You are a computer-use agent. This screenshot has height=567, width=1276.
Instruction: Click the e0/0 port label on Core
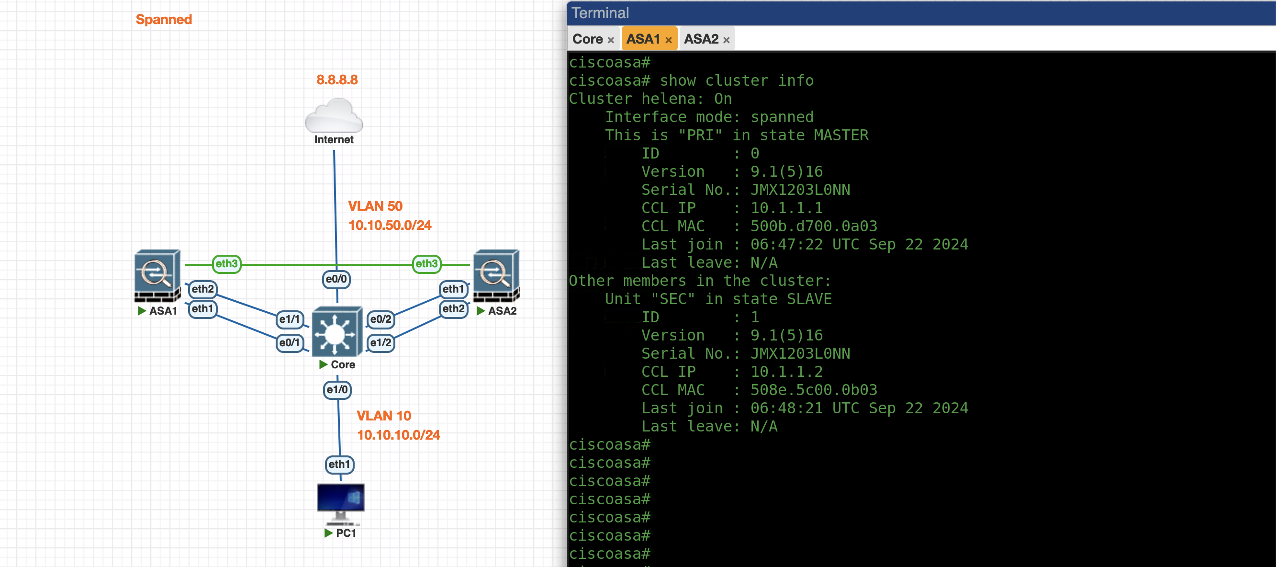336,279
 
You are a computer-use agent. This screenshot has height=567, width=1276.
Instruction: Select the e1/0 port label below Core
337,389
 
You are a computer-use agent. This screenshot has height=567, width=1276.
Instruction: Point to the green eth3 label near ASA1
226,264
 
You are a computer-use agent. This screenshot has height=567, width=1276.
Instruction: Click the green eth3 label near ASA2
426,264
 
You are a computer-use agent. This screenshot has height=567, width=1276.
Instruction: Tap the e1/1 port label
289,319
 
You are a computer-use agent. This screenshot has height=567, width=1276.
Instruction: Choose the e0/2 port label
381,319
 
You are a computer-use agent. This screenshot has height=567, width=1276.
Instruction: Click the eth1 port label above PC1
339,465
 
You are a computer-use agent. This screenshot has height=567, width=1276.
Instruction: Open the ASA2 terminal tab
701,39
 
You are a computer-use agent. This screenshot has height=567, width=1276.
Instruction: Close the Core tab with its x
611,40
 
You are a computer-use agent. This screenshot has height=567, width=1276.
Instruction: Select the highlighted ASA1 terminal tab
643,39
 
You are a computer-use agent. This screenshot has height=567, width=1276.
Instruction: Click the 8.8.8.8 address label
337,80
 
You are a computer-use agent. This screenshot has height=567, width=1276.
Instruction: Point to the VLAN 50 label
375,206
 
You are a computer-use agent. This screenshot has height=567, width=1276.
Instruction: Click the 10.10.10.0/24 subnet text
398,435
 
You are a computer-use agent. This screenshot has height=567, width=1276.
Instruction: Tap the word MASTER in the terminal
840,136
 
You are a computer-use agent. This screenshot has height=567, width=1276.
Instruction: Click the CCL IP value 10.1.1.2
786,372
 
